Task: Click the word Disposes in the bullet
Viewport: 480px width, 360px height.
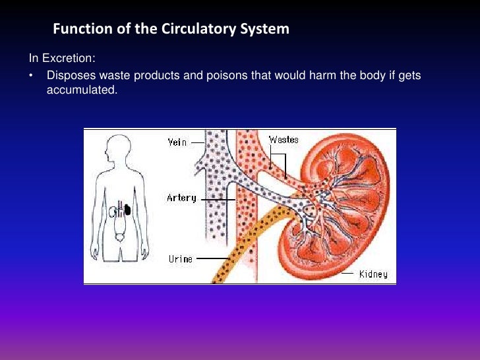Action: point(69,76)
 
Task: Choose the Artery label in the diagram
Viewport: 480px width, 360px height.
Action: point(181,198)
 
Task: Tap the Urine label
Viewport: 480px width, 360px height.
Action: point(180,258)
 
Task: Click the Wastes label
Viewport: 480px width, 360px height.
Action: point(284,139)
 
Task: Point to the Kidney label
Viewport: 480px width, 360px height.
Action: point(373,274)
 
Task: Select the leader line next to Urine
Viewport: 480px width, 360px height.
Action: point(210,258)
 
